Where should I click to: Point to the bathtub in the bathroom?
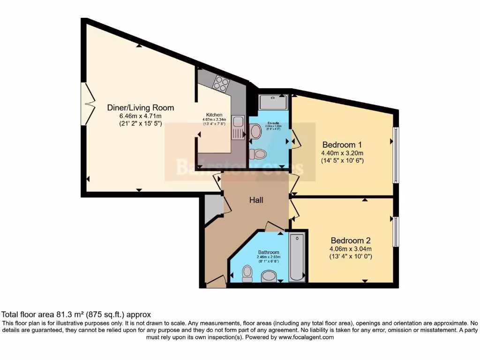pos(296,257)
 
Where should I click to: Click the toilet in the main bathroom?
pos(247,274)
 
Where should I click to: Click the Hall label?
pos(256,200)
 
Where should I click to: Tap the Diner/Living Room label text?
pos(141,107)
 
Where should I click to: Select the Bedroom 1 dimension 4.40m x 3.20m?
pos(342,153)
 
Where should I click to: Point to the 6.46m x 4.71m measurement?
pos(141,116)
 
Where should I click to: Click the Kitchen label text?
pos(214,115)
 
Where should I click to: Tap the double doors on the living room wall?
pos(87,104)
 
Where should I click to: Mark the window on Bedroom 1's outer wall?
pos(396,155)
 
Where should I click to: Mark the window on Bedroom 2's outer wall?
pos(396,232)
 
